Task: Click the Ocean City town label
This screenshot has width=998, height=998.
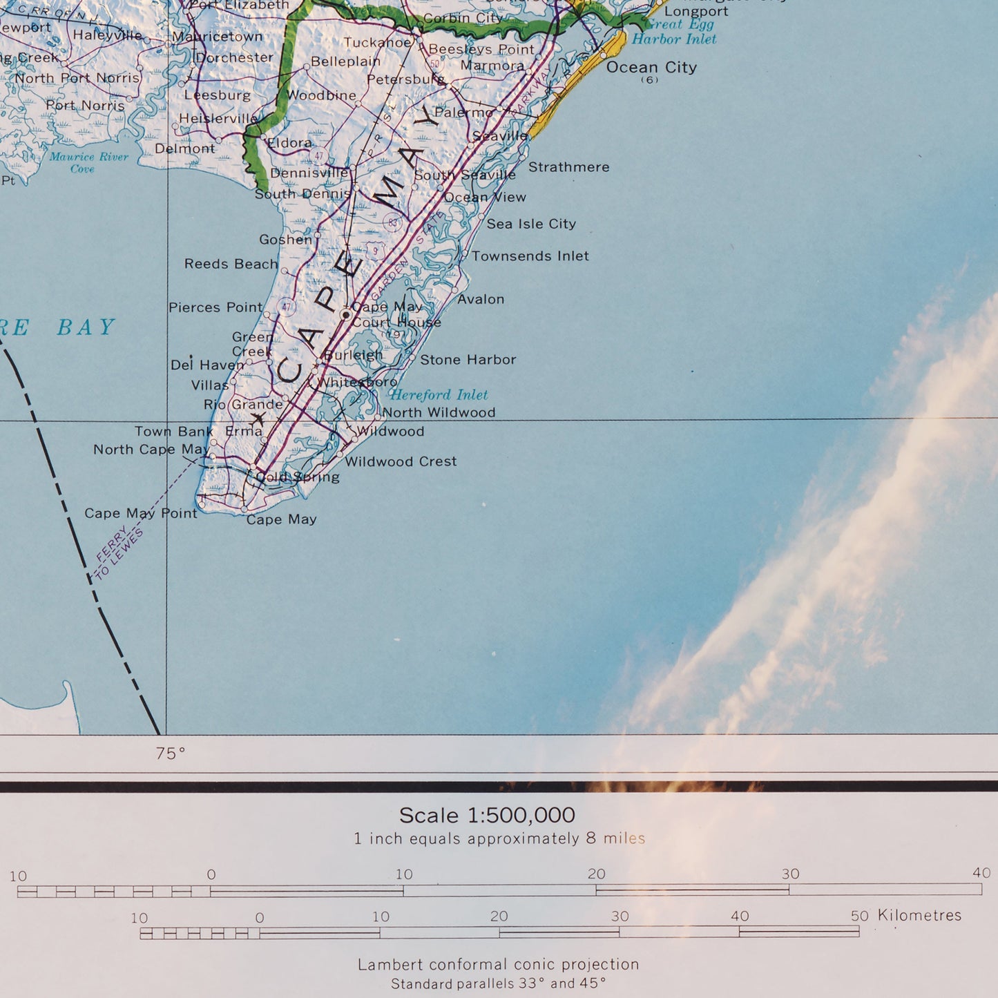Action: (651, 68)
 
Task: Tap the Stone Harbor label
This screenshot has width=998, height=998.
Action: (468, 360)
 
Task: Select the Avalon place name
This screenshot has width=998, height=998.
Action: (481, 299)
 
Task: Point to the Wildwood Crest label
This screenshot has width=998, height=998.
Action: (401, 461)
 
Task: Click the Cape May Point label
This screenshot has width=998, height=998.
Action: (140, 513)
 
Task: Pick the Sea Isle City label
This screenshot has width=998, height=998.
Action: (530, 224)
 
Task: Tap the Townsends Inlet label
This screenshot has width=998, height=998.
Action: (530, 256)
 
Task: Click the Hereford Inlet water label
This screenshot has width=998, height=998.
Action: (439, 395)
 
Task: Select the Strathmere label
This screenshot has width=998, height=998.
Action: (568, 167)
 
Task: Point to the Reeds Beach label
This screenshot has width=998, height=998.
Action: (231, 264)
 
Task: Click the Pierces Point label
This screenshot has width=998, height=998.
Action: (215, 307)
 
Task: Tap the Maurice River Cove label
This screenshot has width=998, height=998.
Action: (88, 162)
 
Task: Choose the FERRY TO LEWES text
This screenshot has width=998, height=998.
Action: (119, 554)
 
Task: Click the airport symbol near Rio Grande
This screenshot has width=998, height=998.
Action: (258, 419)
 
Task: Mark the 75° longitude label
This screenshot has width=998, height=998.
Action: (170, 754)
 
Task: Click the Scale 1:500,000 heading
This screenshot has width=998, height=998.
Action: (487, 816)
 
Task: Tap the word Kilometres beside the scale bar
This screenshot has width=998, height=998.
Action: (919, 915)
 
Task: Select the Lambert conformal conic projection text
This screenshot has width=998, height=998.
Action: (498, 964)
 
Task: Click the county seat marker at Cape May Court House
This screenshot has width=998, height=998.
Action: (346, 315)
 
